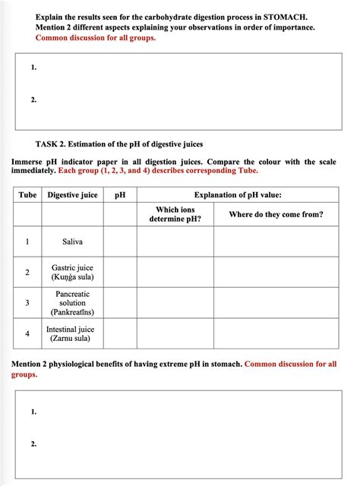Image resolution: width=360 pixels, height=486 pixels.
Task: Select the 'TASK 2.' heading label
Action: [x=54, y=144]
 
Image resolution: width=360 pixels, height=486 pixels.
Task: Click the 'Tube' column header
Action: [x=27, y=195]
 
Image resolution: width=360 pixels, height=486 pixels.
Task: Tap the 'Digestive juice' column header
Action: [x=72, y=195]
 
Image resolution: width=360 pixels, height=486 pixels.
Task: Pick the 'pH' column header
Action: [x=120, y=195]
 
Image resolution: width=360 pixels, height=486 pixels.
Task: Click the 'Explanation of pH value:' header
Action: [x=237, y=195]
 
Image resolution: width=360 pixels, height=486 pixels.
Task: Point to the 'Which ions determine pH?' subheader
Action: [x=175, y=214]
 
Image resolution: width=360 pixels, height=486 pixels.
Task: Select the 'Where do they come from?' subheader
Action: [x=276, y=214]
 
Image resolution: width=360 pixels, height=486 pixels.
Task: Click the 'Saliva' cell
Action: [x=73, y=242]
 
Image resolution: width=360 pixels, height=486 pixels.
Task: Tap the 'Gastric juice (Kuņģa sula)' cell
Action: [x=73, y=273]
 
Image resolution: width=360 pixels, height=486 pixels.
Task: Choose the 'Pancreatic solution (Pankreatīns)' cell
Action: [x=73, y=303]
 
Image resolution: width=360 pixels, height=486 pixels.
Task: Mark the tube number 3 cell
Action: [x=27, y=303]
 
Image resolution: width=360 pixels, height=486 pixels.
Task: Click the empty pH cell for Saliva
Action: [x=120, y=242]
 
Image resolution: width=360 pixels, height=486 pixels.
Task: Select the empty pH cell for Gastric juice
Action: [x=120, y=273]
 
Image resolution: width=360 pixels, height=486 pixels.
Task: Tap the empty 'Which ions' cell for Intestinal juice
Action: [x=175, y=334]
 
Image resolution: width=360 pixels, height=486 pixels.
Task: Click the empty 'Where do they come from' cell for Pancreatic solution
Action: [x=276, y=303]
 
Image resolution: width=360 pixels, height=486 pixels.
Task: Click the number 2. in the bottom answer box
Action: [x=34, y=444]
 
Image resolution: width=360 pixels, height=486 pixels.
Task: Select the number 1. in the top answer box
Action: [x=34, y=68]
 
